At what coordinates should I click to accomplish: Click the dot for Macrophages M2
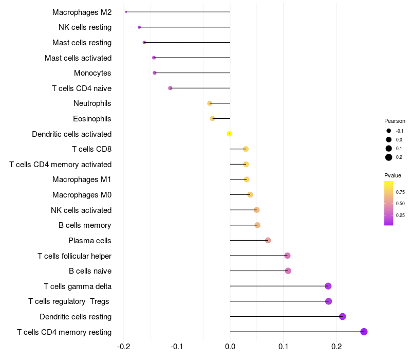(x=126, y=12)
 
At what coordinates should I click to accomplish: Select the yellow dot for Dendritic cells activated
(x=229, y=134)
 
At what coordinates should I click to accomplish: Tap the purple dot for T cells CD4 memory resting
(x=364, y=332)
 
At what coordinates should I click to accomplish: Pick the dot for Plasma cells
(x=268, y=240)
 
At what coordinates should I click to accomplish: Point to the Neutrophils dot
(x=210, y=103)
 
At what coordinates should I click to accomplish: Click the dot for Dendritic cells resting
(x=343, y=316)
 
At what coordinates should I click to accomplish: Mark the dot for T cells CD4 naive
(x=170, y=88)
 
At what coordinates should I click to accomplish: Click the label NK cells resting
(x=85, y=27)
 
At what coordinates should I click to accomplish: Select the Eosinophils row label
(x=92, y=119)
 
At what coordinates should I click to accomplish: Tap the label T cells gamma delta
(x=78, y=286)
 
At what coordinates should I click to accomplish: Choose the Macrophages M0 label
(x=82, y=195)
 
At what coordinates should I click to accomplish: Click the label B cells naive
(x=90, y=271)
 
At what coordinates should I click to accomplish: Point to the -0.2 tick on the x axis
(x=123, y=347)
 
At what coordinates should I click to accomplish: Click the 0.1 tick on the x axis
(x=284, y=347)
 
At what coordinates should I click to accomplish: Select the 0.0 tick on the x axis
(x=230, y=347)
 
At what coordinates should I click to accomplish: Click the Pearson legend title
(x=395, y=121)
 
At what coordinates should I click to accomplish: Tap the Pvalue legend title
(x=393, y=175)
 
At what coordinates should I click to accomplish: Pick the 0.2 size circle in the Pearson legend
(x=389, y=157)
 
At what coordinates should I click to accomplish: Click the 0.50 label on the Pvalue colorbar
(x=400, y=204)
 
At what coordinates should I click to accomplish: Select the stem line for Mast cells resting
(x=187, y=43)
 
